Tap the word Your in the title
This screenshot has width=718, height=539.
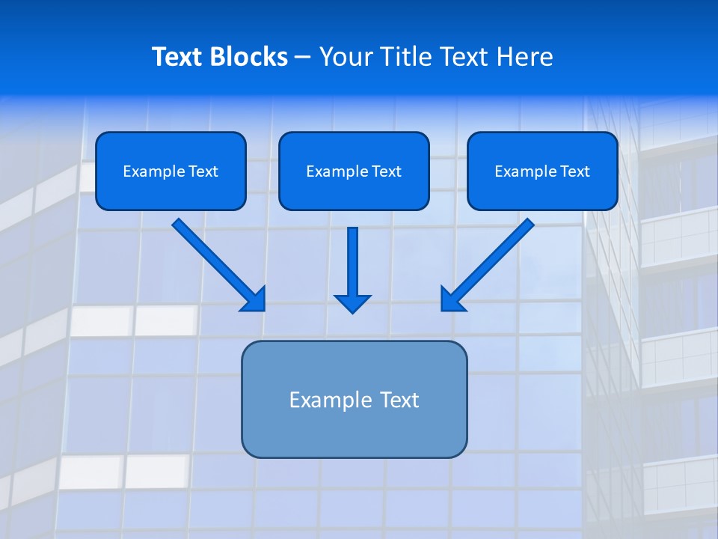(x=346, y=57)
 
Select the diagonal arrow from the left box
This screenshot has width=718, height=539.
(x=217, y=263)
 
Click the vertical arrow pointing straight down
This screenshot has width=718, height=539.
(x=352, y=262)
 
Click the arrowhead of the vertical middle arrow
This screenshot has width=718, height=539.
(x=352, y=303)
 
